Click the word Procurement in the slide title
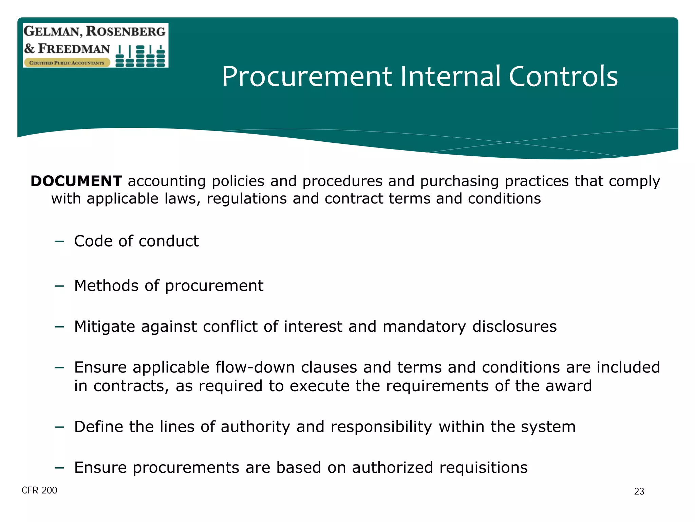(x=307, y=77)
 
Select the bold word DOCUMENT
(x=76, y=181)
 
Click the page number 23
(x=639, y=491)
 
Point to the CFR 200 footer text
(x=39, y=490)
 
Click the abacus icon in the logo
(x=140, y=56)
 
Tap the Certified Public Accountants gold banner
(x=67, y=63)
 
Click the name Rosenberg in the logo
(x=126, y=31)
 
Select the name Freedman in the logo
(x=74, y=49)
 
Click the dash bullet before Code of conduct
(x=59, y=242)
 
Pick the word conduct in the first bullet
(x=168, y=241)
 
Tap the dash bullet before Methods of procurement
(x=59, y=286)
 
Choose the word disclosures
(x=514, y=327)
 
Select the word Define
(x=98, y=427)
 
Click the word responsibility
(x=381, y=427)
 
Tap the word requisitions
(x=484, y=468)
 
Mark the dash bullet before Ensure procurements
(x=59, y=468)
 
